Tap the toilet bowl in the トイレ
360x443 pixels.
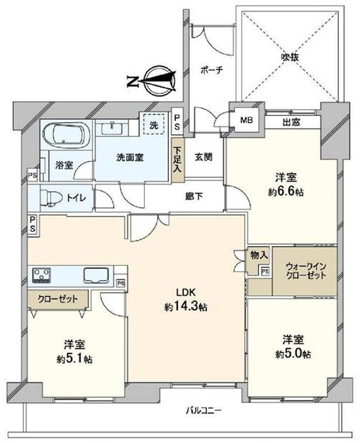(x=52, y=198)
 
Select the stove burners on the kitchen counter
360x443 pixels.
(x=42, y=275)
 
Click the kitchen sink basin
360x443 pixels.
(x=96, y=275)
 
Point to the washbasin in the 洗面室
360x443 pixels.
(x=112, y=128)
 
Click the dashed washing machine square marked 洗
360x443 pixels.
(x=154, y=124)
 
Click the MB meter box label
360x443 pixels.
(x=246, y=120)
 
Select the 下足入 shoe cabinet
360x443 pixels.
(x=178, y=160)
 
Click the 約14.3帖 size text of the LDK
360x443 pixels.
(x=186, y=307)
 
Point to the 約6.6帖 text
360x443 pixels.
(x=286, y=192)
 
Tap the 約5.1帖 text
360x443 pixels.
(x=75, y=359)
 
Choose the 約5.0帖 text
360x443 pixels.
(x=293, y=353)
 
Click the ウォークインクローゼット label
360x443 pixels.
(x=306, y=271)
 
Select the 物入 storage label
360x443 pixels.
(x=259, y=255)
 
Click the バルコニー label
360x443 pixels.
(x=204, y=410)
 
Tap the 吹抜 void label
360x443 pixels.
(x=290, y=58)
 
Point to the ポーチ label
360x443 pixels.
(x=212, y=70)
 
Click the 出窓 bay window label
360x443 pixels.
(x=291, y=122)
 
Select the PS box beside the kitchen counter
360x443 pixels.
(x=121, y=283)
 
